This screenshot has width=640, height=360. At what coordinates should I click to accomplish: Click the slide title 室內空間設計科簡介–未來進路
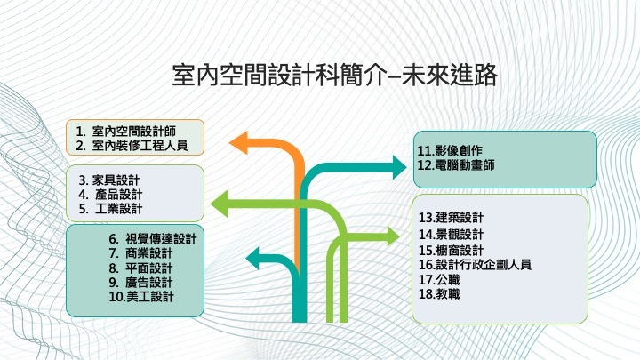pyautogui.click(x=334, y=75)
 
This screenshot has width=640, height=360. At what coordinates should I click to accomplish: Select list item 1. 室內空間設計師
pyautogui.click(x=125, y=132)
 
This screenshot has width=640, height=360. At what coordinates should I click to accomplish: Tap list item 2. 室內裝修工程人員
pyautogui.click(x=132, y=145)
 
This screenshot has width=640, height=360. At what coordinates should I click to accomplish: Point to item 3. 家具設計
pyautogui.click(x=109, y=180)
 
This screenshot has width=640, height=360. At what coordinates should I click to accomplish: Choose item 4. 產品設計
pyautogui.click(x=110, y=195)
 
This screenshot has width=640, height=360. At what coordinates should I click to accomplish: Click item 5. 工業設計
pyautogui.click(x=110, y=209)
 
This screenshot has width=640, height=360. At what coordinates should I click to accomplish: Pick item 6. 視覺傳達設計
pyautogui.click(x=153, y=239)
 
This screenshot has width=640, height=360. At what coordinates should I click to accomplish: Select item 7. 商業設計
pyautogui.click(x=140, y=253)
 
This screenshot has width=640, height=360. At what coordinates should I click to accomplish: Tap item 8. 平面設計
pyautogui.click(x=140, y=268)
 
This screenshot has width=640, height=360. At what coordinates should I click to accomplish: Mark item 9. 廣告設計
pyautogui.click(x=140, y=282)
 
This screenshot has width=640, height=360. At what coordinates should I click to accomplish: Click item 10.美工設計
pyautogui.click(x=141, y=296)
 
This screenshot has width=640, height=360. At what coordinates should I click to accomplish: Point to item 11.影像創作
pyautogui.click(x=450, y=150)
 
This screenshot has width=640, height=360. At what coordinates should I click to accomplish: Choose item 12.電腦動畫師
pyautogui.click(x=456, y=165)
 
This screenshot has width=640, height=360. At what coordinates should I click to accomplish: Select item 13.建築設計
pyautogui.click(x=451, y=218)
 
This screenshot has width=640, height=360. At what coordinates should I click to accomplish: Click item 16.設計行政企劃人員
pyautogui.click(x=475, y=265)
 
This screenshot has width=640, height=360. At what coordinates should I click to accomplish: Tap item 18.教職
pyautogui.click(x=439, y=294)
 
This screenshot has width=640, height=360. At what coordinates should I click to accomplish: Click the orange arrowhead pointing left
pyautogui.click(x=239, y=143)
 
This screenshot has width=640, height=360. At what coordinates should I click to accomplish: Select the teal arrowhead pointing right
pyautogui.click(x=399, y=167)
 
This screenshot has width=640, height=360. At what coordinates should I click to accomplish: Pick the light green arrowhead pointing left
pyautogui.click(x=220, y=204)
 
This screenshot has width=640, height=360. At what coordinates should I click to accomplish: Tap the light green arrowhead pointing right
pyautogui.click(x=393, y=236)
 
